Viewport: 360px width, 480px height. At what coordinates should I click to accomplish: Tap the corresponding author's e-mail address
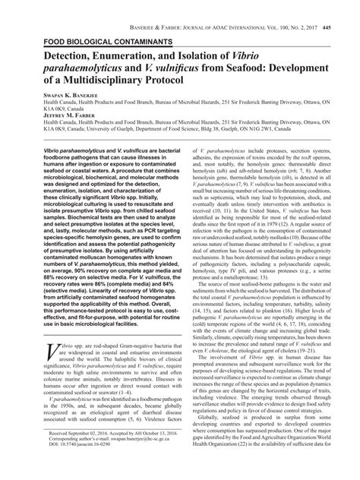(125, 459)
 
